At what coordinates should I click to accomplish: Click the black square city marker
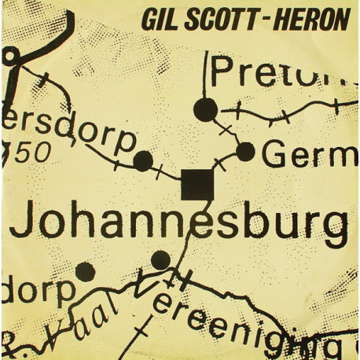[197, 184]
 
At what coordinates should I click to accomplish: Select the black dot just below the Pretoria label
[205, 110]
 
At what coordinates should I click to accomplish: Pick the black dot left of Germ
[246, 152]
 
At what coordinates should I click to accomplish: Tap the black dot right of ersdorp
[143, 161]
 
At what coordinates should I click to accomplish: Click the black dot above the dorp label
[85, 272]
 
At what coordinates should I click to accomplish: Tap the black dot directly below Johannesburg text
[160, 259]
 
